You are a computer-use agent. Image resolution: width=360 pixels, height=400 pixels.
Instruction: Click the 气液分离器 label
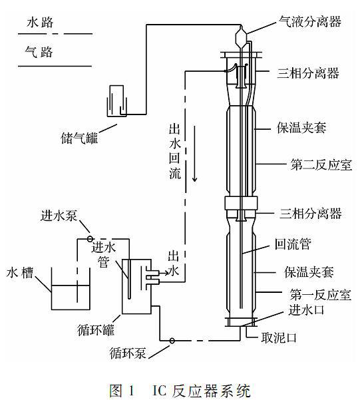pos(309,22)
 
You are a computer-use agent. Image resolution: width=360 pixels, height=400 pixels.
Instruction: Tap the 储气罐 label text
pos(79,138)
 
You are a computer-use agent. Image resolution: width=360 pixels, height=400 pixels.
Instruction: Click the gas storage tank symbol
pos(117,101)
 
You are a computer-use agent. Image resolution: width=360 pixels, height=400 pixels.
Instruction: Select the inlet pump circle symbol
pos(90,239)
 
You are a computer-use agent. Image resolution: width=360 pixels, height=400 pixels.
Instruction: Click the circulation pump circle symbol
pos(172,340)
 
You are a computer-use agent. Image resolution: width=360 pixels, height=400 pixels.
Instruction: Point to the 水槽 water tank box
pos(71,289)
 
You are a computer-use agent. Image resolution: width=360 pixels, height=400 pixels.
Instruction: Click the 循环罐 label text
pos(96,330)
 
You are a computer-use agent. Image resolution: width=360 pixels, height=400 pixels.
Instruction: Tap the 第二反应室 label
pos(321,165)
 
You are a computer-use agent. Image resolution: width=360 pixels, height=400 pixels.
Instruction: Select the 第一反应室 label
pos(321,295)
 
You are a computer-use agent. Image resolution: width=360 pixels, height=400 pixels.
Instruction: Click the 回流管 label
pos(293,244)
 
